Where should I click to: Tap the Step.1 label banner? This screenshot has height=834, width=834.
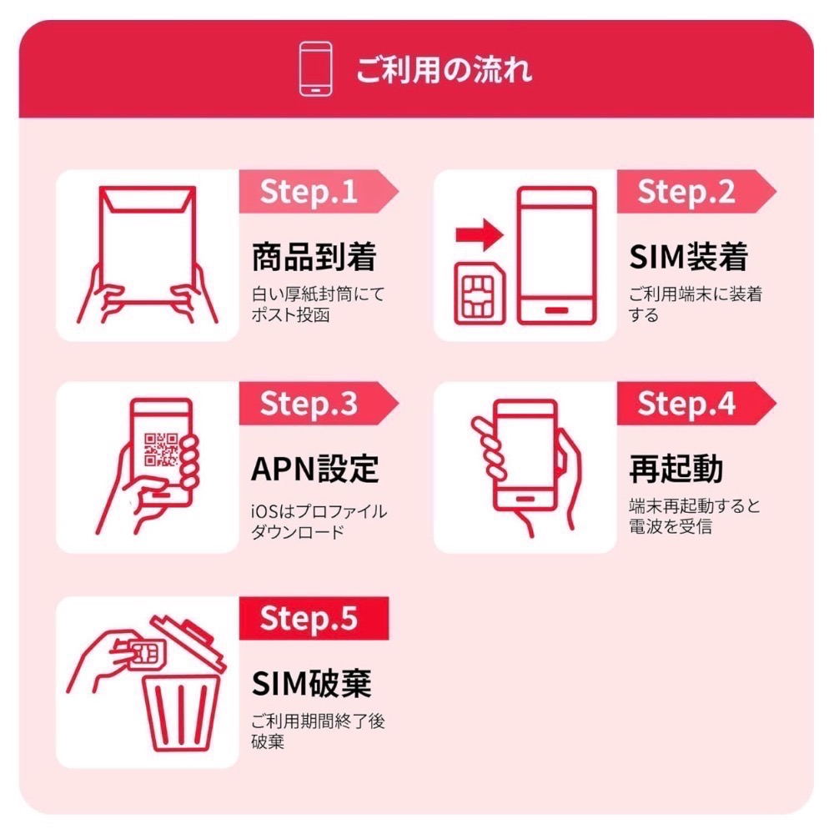(x=310, y=192)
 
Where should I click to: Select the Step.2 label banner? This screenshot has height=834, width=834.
(x=688, y=192)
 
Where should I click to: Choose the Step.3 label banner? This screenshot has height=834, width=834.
(x=310, y=404)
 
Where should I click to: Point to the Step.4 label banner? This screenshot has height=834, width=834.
(x=688, y=404)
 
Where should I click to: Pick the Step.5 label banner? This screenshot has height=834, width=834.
(x=310, y=619)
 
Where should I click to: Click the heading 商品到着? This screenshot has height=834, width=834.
(x=314, y=258)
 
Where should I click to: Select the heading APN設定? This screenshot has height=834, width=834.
(x=315, y=470)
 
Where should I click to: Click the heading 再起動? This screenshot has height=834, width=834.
(x=676, y=470)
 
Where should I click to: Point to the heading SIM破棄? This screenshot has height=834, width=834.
(x=311, y=685)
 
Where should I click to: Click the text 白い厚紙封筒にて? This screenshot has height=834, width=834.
(x=318, y=294)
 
